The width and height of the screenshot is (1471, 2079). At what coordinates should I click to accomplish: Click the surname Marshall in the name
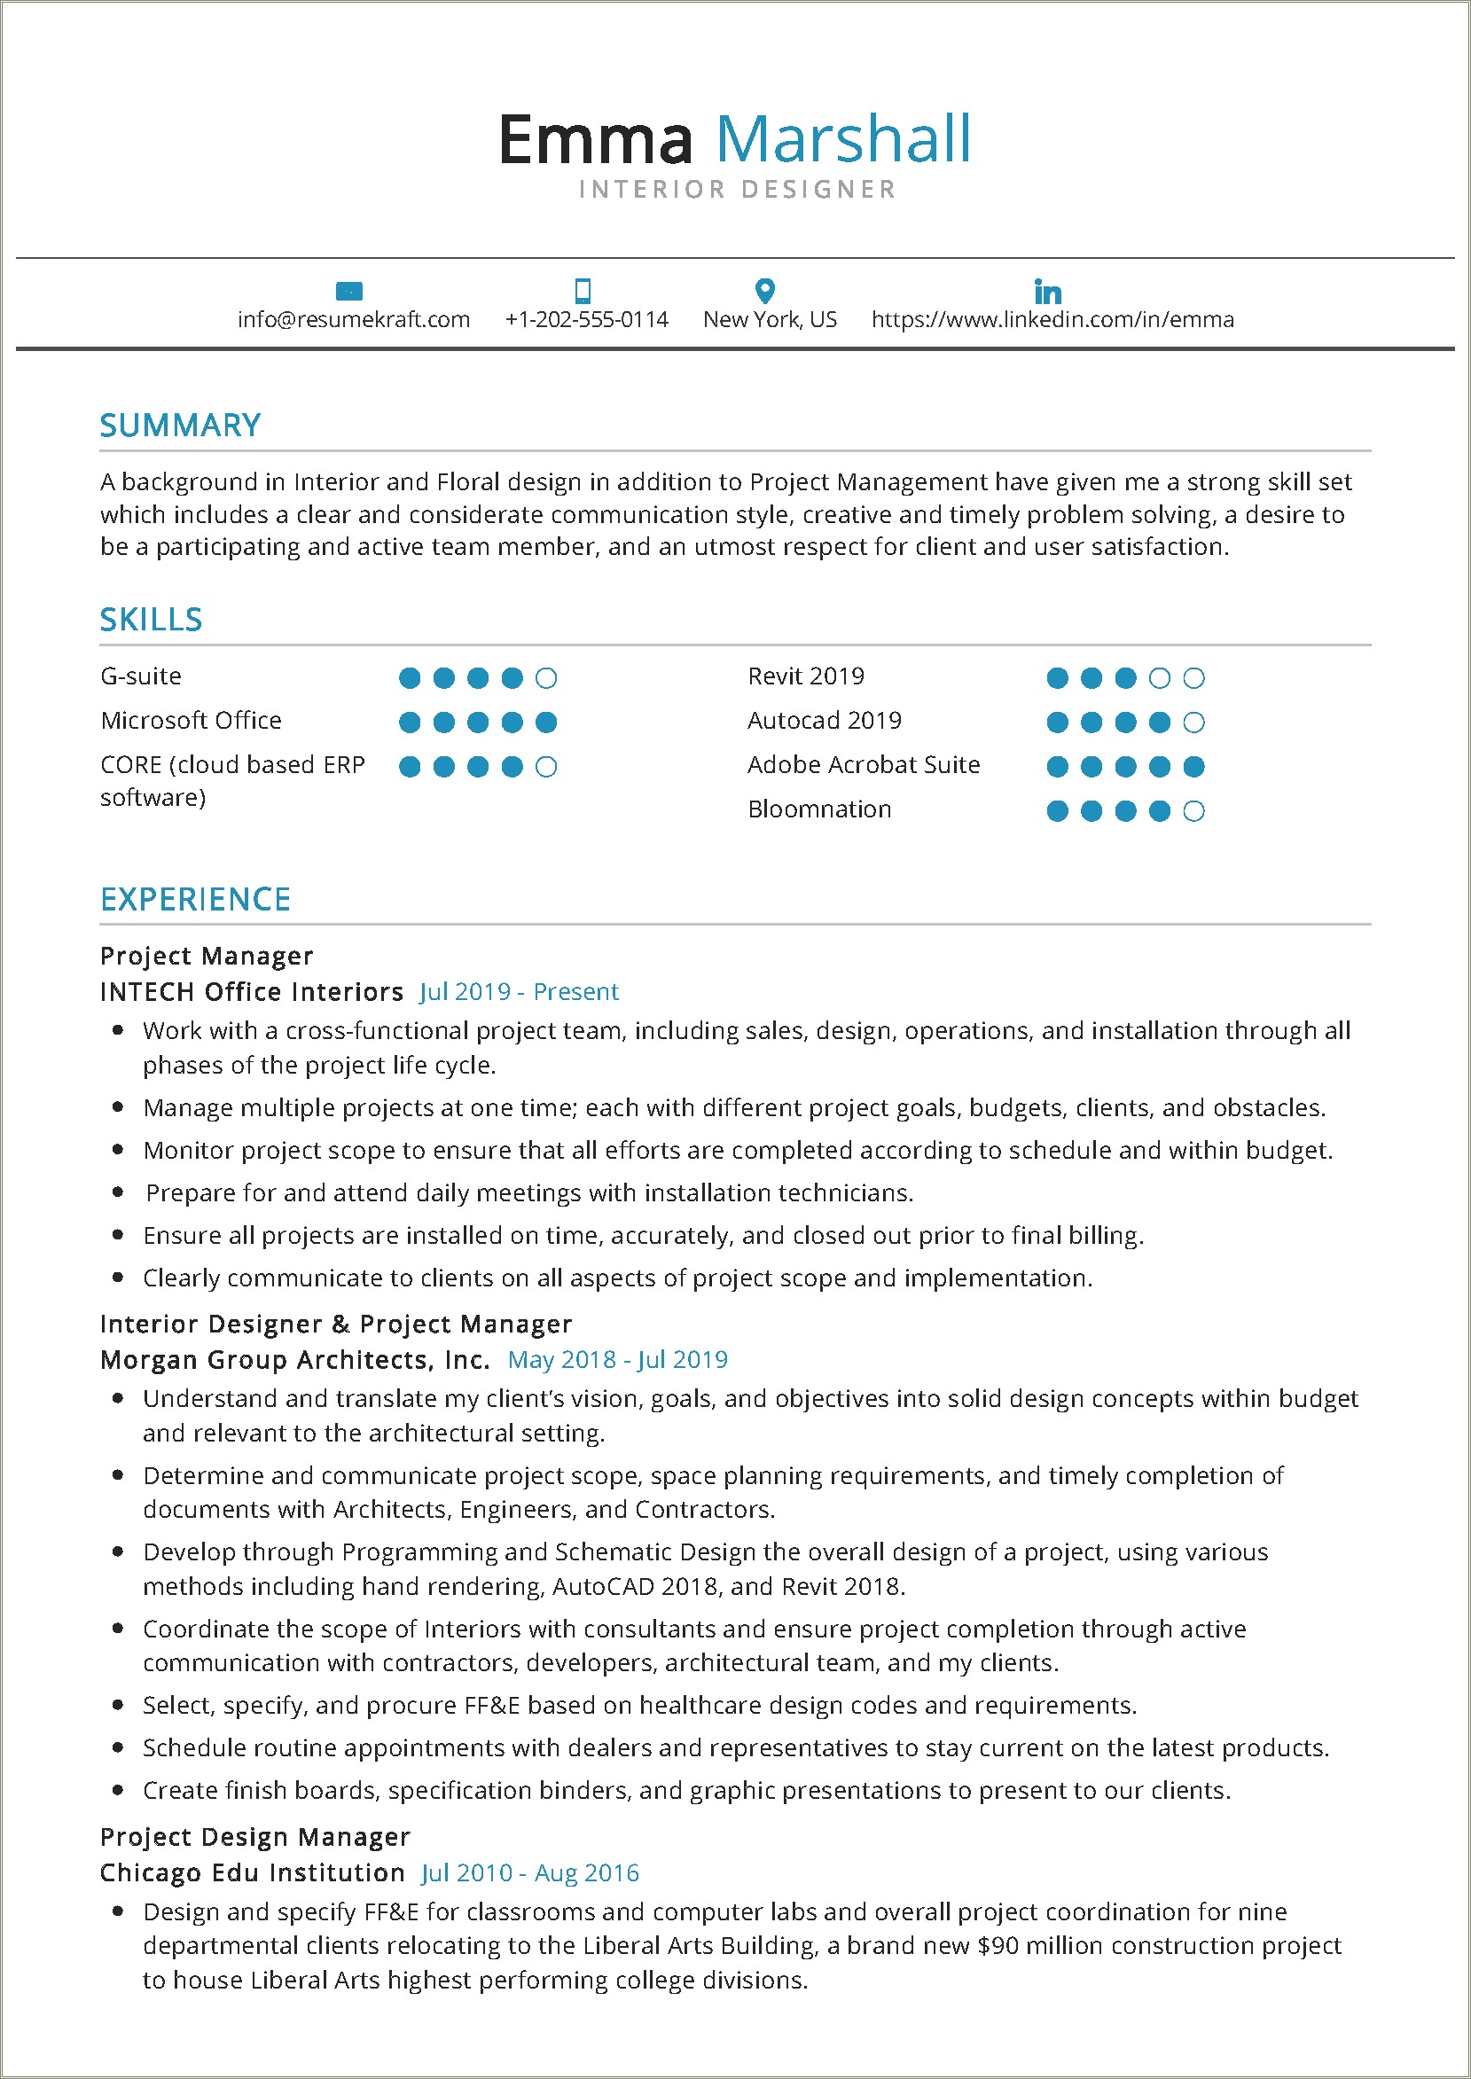843,139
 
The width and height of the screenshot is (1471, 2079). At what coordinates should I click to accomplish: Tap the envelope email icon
348,292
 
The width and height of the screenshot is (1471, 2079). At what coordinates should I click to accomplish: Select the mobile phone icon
583,291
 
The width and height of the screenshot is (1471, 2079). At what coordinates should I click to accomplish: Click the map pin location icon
765,291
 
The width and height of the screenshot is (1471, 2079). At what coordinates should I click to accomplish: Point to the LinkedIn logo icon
1048,292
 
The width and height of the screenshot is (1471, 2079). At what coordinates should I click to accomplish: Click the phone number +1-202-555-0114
587,320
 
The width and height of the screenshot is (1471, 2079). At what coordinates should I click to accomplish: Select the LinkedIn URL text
1052,320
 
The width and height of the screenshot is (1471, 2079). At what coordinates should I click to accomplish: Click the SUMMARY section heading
180,426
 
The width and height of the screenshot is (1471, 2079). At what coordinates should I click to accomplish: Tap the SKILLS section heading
152,620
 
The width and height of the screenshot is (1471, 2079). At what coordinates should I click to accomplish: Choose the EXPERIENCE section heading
196,899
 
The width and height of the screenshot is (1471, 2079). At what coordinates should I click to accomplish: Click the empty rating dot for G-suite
546,678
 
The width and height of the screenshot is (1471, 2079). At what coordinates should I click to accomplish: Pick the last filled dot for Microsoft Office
546,723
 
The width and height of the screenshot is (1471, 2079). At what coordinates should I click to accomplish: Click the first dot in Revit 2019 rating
1057,678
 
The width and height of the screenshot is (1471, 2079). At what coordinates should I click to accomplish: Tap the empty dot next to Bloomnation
1193,811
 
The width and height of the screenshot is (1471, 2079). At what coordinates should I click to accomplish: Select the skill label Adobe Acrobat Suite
864,765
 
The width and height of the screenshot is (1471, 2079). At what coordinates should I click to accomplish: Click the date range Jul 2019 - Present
519,991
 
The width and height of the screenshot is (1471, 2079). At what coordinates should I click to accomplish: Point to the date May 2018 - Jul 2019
618,1359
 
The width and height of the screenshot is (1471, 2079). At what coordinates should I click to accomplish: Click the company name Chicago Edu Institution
253,1872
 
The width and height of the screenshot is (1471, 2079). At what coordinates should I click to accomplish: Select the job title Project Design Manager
255,1837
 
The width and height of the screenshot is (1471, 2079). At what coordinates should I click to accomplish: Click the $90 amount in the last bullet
997,1946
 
